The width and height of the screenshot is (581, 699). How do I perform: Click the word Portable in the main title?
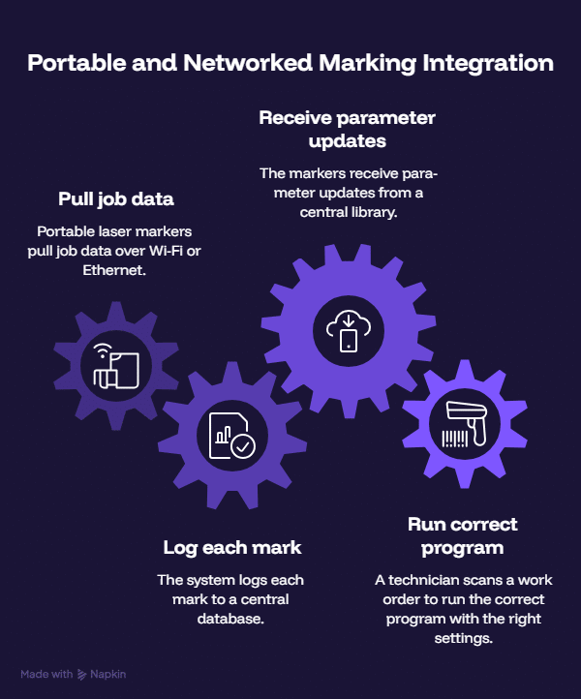click(77, 63)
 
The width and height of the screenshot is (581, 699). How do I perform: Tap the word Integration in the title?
click(488, 64)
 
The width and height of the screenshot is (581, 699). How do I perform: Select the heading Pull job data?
click(116, 199)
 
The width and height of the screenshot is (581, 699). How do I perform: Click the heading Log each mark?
click(231, 548)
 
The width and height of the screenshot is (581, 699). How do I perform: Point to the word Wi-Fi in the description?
click(166, 251)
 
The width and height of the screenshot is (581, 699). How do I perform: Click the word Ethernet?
click(114, 270)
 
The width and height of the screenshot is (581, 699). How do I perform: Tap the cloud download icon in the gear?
click(349, 331)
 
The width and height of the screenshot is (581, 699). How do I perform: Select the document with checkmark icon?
click(231, 436)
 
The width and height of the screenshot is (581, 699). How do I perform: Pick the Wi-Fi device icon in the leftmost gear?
click(116, 366)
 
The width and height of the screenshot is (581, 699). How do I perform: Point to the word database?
click(230, 619)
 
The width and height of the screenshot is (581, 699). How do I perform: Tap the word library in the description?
click(372, 212)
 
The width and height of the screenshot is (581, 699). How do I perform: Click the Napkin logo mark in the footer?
click(81, 675)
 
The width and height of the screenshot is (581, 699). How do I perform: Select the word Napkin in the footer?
click(107, 674)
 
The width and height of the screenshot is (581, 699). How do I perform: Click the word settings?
click(463, 638)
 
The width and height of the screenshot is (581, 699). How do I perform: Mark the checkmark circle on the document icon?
click(243, 446)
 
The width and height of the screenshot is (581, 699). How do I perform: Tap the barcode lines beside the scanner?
click(455, 439)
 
